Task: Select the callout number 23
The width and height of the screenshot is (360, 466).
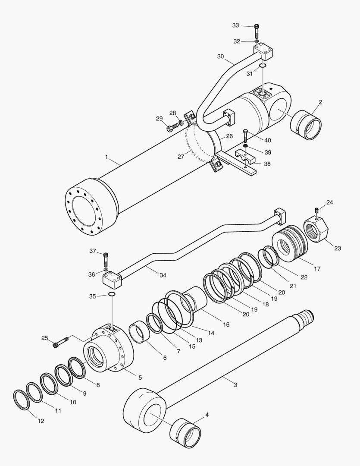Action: [337, 248]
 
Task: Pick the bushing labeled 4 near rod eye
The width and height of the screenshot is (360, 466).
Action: [185, 433]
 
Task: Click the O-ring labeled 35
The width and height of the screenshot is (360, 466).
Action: [112, 294]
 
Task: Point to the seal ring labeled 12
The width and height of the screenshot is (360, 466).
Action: [21, 400]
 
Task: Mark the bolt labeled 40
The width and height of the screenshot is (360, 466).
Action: [245, 135]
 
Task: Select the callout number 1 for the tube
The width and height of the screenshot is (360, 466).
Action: [106, 157]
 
